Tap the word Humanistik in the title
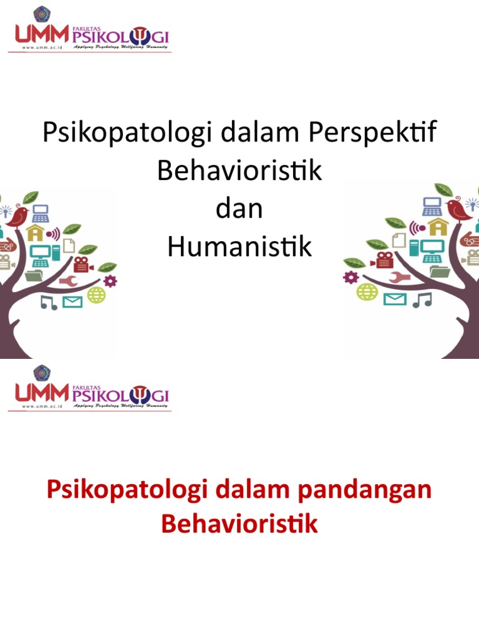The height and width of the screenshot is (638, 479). click(x=239, y=247)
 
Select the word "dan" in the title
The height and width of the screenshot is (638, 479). click(x=239, y=209)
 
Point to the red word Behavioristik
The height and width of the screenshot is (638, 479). click(x=239, y=524)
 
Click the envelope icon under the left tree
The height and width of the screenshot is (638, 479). click(x=72, y=302)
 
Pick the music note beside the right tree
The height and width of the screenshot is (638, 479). click(x=422, y=300)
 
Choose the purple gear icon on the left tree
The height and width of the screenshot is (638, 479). click(x=110, y=281)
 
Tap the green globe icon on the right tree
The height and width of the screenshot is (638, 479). click(x=367, y=291)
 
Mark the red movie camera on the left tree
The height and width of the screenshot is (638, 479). click(x=82, y=264)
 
